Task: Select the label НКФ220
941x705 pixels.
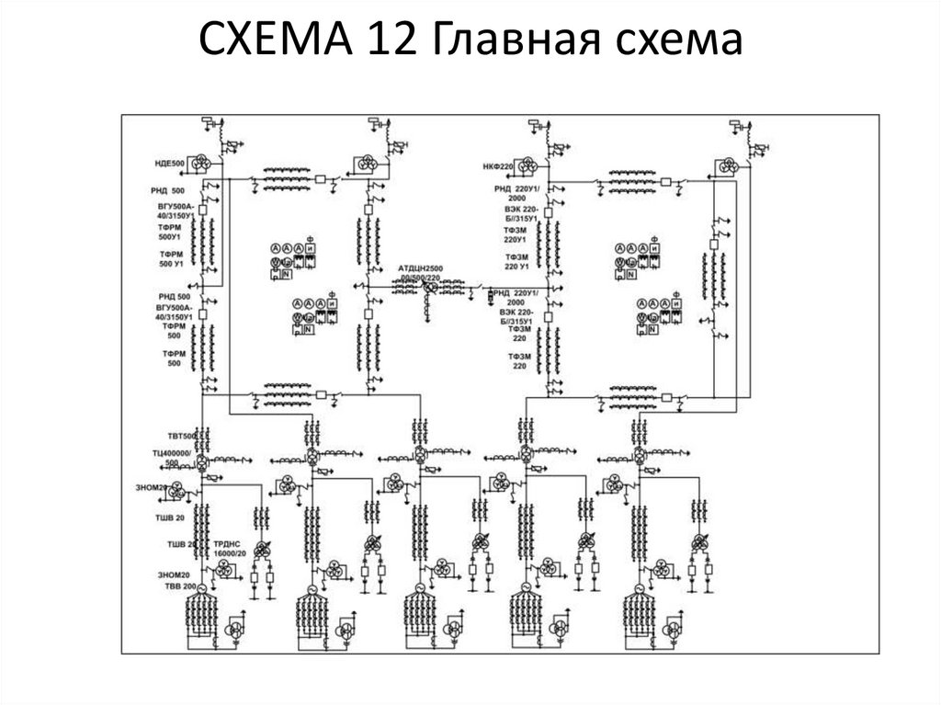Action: [x=498, y=167]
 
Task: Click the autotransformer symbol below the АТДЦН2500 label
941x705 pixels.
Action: [x=427, y=288]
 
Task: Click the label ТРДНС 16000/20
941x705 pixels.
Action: [x=229, y=549]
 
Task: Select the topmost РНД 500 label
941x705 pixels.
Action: [x=171, y=190]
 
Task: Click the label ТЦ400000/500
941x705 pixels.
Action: [x=171, y=459]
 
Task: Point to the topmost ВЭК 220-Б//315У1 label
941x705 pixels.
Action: [x=518, y=214]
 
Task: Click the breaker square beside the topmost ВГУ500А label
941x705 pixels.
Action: [x=202, y=210]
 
